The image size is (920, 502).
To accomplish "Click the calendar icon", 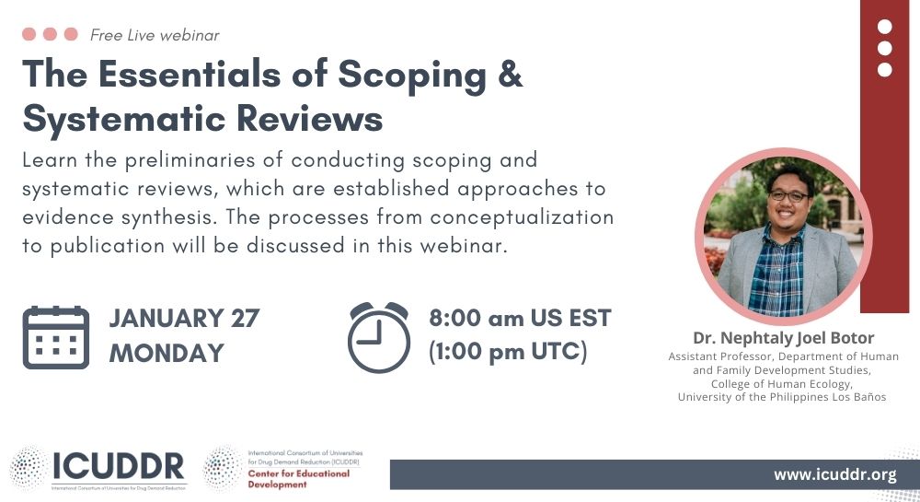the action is click(56, 338).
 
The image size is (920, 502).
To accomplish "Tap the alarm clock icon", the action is click(379, 337).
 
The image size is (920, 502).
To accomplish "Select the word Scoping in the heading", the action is click(412, 77).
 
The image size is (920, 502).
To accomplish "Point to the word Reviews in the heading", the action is click(310, 119).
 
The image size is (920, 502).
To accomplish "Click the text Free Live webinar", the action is click(155, 35).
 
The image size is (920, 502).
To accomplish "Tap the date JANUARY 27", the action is click(184, 318).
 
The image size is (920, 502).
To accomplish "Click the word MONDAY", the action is click(167, 354).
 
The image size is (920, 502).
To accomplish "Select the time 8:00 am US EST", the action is click(520, 318).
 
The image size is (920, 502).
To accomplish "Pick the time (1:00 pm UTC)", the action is click(508, 352).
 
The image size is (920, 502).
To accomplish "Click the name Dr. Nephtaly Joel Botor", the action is click(783, 338).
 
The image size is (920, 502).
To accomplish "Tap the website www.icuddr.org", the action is click(835, 474).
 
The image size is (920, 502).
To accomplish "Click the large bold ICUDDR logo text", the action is click(119, 466).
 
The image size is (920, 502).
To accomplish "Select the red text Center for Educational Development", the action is click(299, 479).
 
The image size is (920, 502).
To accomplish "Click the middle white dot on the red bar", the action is click(885, 48).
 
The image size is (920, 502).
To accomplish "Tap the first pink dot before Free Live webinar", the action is click(29, 34).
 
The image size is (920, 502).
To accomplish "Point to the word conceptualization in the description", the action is click(523, 217).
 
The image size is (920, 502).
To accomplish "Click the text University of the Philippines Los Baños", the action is click(782, 397).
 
